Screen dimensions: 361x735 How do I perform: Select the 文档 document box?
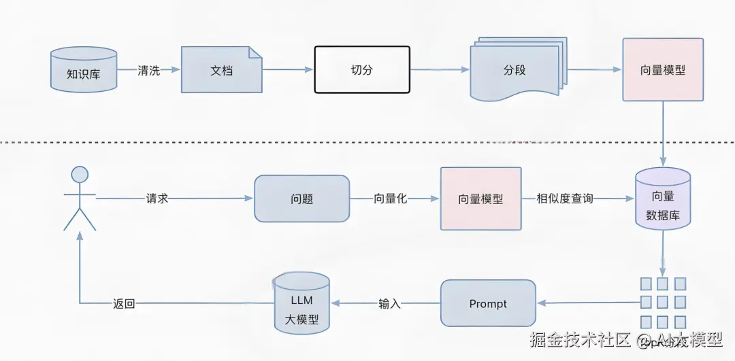[221, 69]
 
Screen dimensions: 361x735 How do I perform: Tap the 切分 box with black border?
[362, 69]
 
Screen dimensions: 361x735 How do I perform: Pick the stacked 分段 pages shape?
[515, 71]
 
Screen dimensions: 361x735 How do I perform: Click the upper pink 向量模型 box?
[663, 70]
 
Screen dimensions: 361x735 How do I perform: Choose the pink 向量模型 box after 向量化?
[480, 199]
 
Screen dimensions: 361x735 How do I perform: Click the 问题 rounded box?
[301, 199]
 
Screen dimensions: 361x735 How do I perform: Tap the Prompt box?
[488, 303]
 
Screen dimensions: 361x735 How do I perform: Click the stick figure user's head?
[80, 174]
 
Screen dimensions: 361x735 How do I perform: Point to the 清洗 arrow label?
[148, 70]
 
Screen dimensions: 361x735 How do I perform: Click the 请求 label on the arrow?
[157, 199]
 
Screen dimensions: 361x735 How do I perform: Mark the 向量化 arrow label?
[390, 199]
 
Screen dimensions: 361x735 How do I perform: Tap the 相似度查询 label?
[564, 199]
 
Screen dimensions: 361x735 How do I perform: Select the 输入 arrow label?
[389, 304]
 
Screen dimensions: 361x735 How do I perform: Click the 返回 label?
[124, 304]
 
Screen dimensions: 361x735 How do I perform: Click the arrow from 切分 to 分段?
[440, 69]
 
